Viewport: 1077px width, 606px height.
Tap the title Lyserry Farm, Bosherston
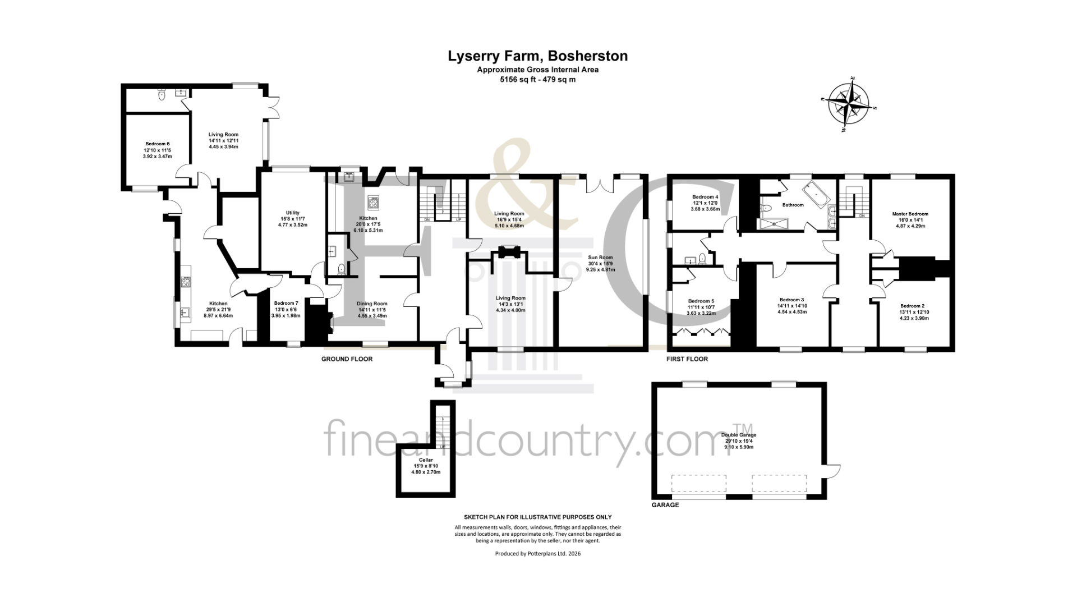pos(537,56)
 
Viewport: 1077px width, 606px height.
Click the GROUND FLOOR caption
pos(347,359)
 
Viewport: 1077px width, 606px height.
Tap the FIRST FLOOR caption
pos(687,359)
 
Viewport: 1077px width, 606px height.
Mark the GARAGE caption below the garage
pos(665,505)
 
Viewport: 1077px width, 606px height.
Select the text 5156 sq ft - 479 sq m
pos(537,80)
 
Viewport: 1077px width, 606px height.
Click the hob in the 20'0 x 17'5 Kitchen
pos(373,201)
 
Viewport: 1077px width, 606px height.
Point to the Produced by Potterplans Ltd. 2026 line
pos(537,554)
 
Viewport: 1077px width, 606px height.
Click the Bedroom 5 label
pos(701,307)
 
